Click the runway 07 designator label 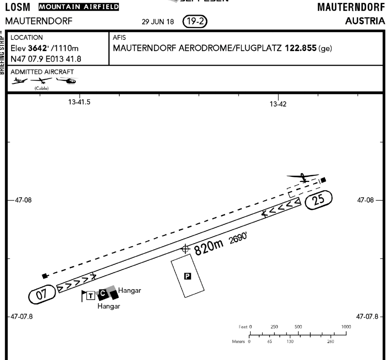42,295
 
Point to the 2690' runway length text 238,240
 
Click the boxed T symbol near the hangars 90,295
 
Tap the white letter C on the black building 102,294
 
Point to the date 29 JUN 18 157,22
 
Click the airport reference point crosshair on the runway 185,249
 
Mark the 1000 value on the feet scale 346,327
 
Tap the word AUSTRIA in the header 365,21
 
